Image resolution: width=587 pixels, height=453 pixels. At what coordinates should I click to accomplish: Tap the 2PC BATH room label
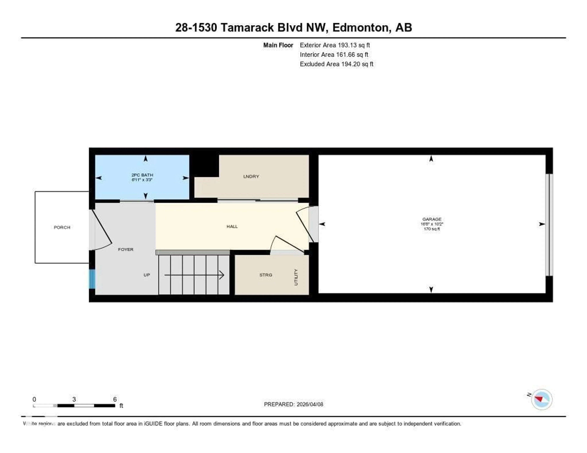point(142,175)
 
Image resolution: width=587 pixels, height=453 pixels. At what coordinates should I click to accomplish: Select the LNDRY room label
point(251,176)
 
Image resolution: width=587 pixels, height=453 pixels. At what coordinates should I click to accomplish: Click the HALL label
point(232,226)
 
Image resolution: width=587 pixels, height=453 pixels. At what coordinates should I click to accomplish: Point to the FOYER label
point(126,249)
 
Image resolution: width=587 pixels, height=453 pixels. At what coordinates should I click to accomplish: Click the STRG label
point(266,275)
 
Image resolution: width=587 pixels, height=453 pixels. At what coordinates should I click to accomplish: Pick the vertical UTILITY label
point(296,277)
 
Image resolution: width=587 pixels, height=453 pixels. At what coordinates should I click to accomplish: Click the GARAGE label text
point(432,219)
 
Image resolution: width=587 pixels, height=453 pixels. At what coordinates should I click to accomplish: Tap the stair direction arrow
point(194,275)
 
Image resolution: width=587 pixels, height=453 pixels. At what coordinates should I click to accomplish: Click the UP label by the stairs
point(146,275)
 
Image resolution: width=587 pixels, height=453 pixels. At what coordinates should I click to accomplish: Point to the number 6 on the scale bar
point(115,399)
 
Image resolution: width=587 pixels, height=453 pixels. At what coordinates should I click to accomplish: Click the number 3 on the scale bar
point(74,399)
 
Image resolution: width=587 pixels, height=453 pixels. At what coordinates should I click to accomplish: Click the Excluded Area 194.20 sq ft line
point(336,64)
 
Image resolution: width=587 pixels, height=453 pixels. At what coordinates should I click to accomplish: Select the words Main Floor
point(278,45)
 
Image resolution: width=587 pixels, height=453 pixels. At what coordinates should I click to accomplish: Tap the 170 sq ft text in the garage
point(432,229)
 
